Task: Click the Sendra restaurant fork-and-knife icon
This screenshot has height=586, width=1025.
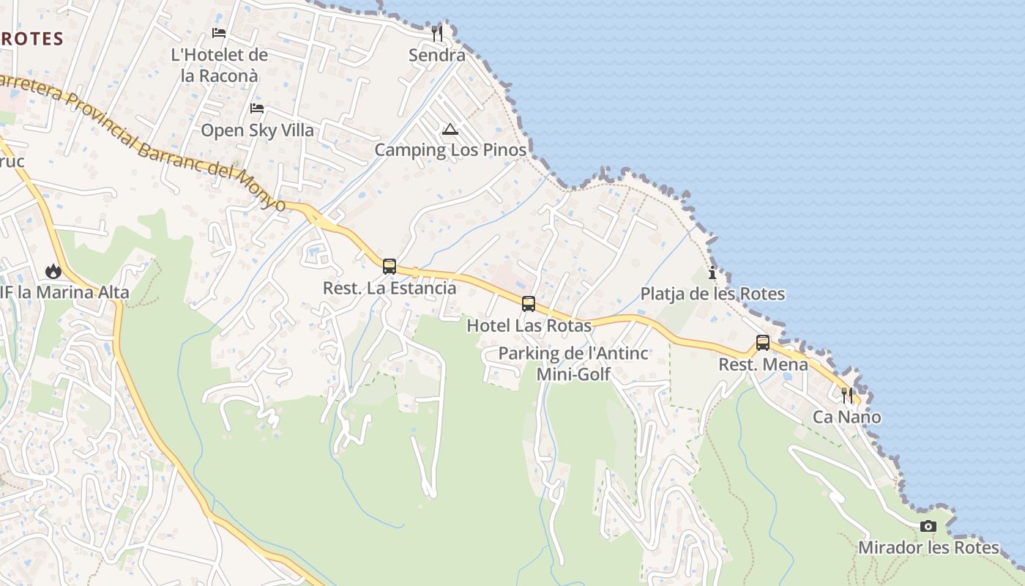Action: point(437,33)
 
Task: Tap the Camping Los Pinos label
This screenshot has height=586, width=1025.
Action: point(450,150)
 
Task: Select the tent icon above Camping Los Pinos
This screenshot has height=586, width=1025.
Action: point(450,130)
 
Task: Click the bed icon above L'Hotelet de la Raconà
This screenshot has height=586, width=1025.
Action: point(219,33)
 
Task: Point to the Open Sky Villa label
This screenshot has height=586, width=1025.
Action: point(257,130)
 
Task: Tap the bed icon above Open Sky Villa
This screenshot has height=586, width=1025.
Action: point(257,108)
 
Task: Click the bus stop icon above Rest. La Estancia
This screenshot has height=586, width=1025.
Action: point(389,266)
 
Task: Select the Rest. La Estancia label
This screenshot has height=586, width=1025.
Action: point(389,288)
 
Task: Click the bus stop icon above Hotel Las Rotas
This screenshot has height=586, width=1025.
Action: point(529,303)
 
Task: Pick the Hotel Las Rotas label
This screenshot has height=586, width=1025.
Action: point(529,325)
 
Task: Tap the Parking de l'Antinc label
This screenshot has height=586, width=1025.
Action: point(573,354)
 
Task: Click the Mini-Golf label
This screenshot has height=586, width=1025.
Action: point(573,374)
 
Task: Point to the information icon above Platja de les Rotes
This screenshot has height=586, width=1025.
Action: point(712,273)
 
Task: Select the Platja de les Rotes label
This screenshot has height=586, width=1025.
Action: point(712,294)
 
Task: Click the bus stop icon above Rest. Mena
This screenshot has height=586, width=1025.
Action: point(763,342)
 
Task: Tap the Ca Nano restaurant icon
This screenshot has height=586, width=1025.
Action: point(847,396)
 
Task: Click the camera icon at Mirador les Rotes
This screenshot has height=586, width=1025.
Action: point(928,526)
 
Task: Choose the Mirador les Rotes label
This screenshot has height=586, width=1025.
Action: point(928,548)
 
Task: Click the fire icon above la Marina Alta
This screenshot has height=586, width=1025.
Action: point(53,272)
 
